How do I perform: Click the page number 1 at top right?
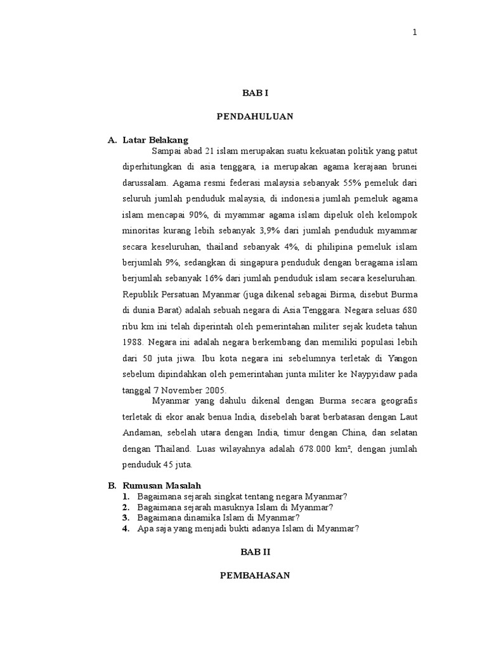coord(415,34)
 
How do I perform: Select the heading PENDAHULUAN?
coord(255,117)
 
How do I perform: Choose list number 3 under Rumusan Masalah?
coord(127,517)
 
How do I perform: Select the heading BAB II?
coord(255,553)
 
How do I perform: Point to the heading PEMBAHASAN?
coord(255,575)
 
